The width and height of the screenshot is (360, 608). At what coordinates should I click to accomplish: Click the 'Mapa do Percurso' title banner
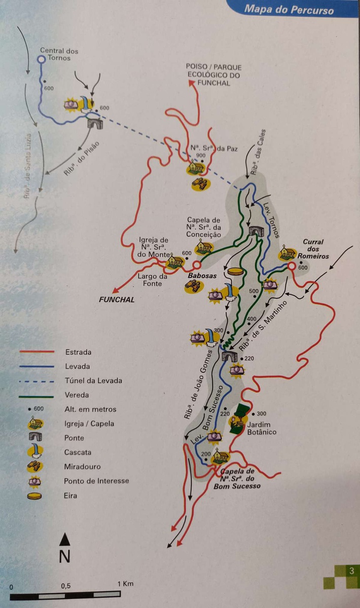[289, 9]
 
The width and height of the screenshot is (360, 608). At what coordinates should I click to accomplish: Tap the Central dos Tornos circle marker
[42, 59]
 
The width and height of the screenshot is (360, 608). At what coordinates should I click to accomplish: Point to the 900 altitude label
[201, 156]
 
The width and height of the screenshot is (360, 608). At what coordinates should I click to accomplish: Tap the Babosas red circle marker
[196, 265]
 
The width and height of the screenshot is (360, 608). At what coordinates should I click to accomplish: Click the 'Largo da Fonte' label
[152, 280]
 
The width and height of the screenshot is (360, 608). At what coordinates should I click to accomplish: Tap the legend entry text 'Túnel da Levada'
[93, 381]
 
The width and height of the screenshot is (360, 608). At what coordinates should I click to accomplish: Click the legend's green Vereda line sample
[37, 395]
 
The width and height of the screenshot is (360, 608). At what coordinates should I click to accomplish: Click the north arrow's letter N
[64, 556]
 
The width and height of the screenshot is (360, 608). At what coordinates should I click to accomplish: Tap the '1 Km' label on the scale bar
[125, 584]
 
